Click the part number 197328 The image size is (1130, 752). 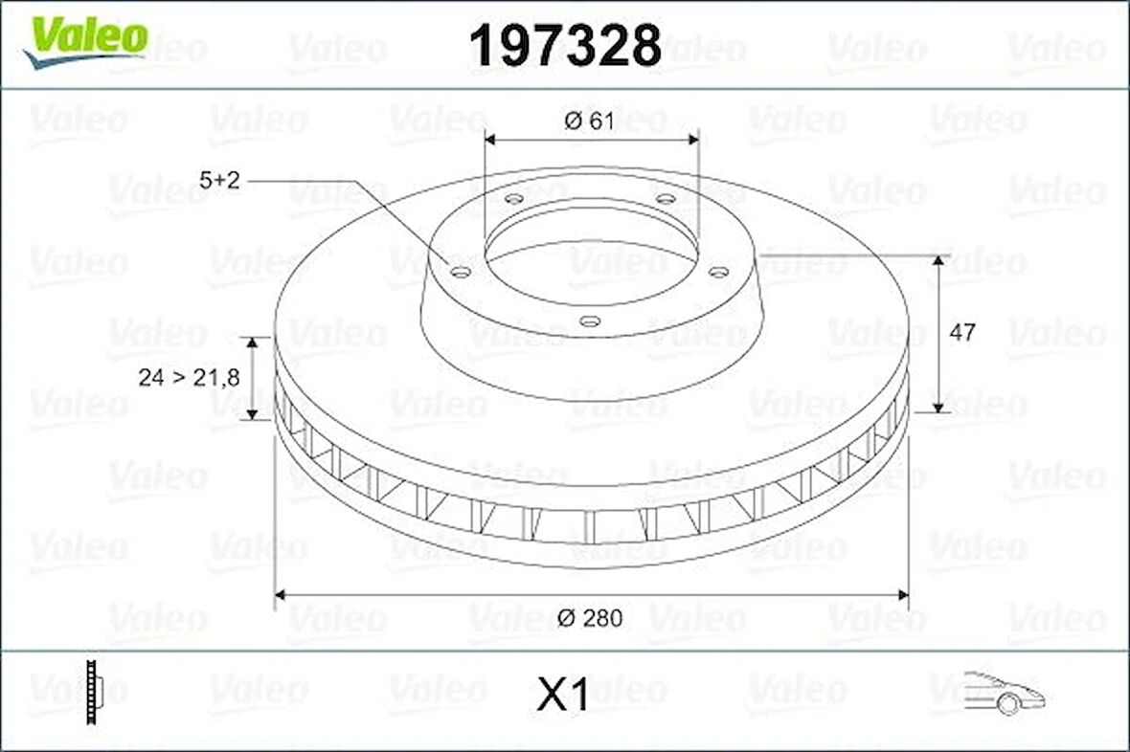click(565, 45)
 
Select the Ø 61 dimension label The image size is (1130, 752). click(589, 121)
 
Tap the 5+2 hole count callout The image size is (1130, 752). click(219, 180)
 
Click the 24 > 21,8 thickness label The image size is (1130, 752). click(188, 378)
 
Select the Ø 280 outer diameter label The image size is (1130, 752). click(591, 618)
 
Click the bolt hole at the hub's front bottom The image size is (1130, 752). click(591, 321)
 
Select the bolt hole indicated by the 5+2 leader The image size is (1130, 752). click(461, 273)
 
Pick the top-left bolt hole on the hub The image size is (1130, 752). click(513, 199)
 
